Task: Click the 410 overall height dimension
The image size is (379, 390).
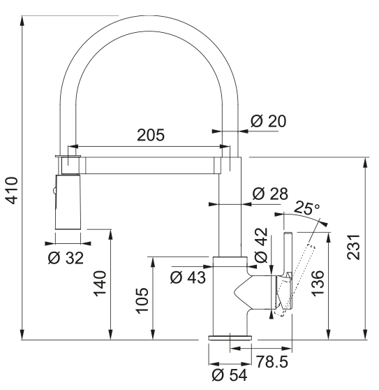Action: coord(12,190)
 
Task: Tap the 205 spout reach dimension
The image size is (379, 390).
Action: coord(151,135)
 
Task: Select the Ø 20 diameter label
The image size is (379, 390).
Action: coord(268,121)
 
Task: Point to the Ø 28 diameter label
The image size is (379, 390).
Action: coord(270,194)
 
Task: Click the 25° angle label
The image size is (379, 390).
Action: coord(307,208)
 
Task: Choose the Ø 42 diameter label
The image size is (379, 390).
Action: coord(261,245)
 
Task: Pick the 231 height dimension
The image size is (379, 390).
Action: coord(353,247)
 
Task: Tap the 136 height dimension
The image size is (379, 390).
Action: coord(318,283)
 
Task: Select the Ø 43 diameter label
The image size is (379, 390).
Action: coord(188,277)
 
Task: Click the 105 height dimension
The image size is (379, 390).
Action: coord(142,301)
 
